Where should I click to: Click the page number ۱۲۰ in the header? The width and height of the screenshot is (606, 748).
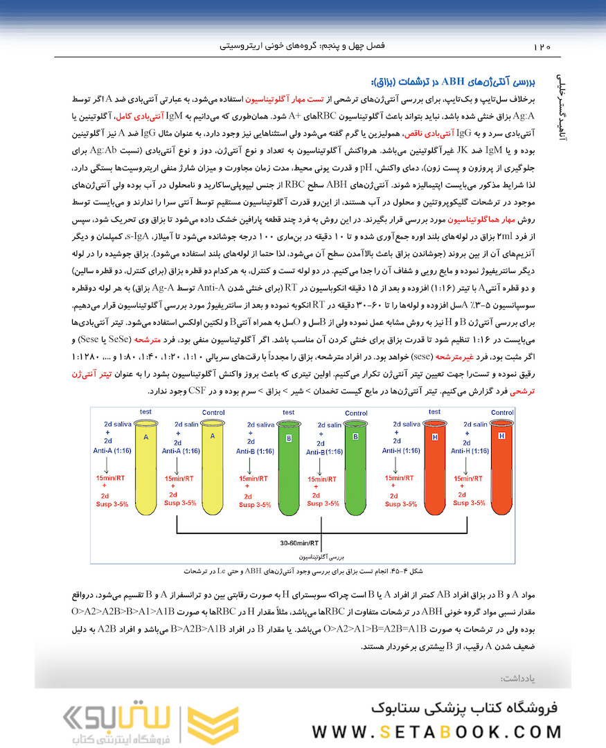pos(542,47)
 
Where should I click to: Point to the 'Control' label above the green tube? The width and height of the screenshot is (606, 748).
pos(356,413)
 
